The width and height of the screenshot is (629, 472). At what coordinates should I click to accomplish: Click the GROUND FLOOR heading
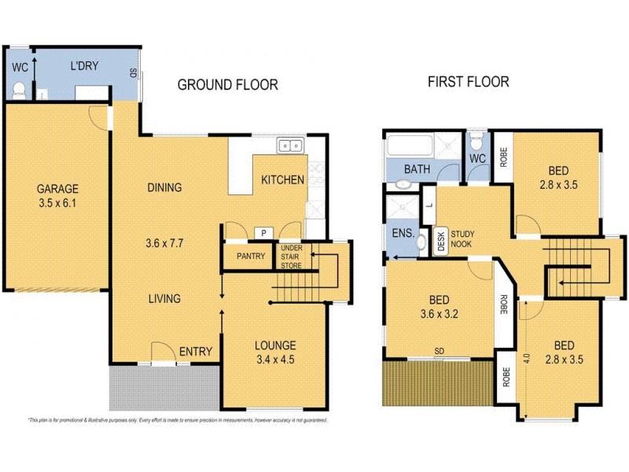coord(227,85)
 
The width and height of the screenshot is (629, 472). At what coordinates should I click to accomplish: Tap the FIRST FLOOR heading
coord(468,81)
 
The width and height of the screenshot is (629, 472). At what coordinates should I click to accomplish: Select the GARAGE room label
coord(57,189)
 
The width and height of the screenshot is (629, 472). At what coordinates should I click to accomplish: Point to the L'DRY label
coord(84,66)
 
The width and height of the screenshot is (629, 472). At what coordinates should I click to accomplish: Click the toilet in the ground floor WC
coord(21,92)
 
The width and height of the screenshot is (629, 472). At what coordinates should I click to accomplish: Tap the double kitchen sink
coord(290,145)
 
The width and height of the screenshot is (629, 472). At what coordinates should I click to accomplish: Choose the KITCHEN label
coord(282,180)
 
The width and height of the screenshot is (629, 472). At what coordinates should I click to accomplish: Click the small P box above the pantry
coord(263,233)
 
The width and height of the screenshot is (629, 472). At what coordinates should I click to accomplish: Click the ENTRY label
coord(196,352)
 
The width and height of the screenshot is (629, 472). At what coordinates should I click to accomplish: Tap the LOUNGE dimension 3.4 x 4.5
coord(274,361)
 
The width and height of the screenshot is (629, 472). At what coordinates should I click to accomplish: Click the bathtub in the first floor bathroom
coord(410,146)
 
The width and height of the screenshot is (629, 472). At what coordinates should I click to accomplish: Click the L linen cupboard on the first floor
coord(429,205)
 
